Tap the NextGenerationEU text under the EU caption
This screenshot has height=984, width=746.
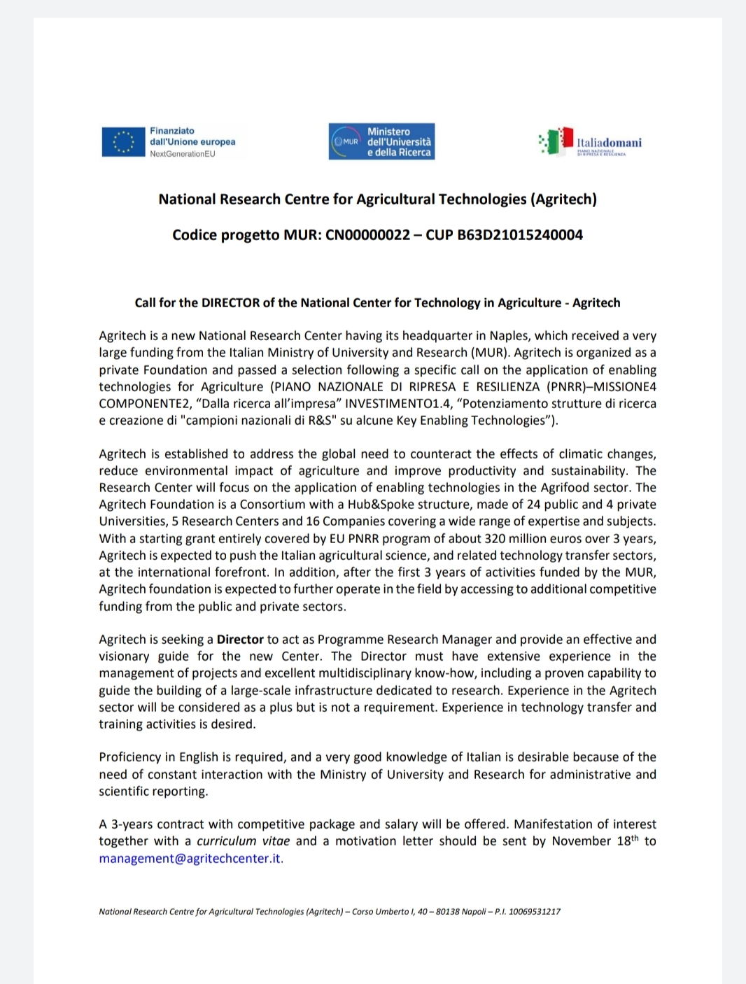[x=182, y=154]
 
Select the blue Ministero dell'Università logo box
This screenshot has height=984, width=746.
[x=381, y=141]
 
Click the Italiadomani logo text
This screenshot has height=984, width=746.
[x=609, y=143]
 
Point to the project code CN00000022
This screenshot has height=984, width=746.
[x=368, y=235]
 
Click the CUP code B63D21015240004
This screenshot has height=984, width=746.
[x=520, y=235]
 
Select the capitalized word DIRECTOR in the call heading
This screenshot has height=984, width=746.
[x=230, y=303]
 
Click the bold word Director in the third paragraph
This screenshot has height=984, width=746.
[x=240, y=640]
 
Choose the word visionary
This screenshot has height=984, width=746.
[x=124, y=656]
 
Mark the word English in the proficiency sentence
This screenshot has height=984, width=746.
[x=199, y=757]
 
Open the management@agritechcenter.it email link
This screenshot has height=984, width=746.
[x=190, y=859]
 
